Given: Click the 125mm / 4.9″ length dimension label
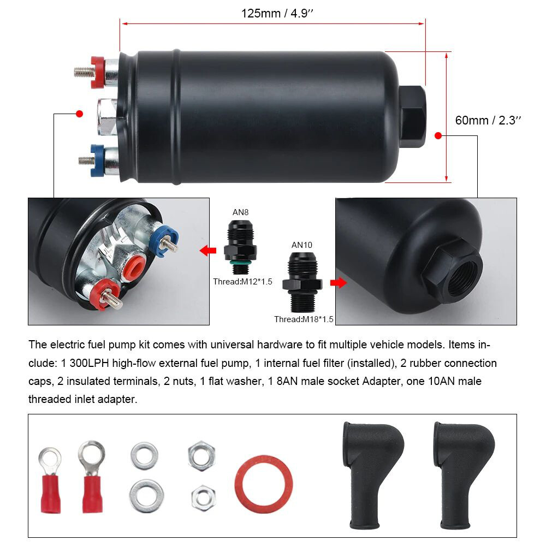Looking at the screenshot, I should click(277, 13).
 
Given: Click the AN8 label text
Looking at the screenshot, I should click(240, 212).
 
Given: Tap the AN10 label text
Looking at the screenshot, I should click(302, 245).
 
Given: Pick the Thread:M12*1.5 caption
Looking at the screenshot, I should click(242, 282).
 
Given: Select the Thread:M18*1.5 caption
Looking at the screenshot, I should click(304, 319).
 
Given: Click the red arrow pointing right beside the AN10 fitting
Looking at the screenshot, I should click(339, 283).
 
